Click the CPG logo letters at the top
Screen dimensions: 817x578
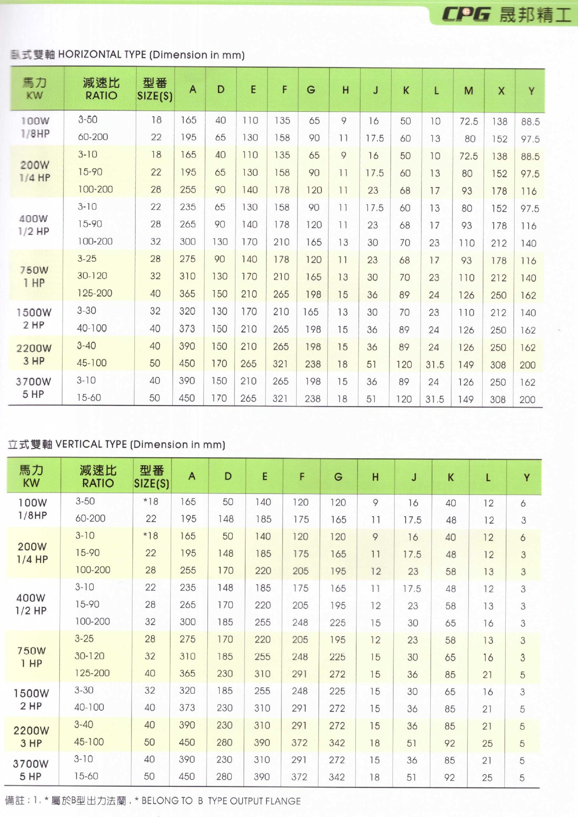466,14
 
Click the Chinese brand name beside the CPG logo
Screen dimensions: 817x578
535,15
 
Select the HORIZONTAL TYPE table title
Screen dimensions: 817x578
127,55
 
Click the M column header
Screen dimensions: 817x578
468,91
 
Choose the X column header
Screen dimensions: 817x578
501,91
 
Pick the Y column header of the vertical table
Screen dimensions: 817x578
526,477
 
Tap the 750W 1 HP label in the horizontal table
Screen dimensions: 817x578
34,276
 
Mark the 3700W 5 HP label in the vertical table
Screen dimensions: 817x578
31,770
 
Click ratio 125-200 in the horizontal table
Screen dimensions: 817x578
94,293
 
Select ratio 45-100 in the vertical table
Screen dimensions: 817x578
89,742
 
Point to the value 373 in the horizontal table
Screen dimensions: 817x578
187,329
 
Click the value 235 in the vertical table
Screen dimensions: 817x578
187,587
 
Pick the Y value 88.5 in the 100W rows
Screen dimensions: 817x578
530,122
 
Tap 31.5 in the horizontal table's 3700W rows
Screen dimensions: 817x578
435,399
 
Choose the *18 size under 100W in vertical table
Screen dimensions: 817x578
151,501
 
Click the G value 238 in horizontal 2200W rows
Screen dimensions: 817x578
313,364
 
